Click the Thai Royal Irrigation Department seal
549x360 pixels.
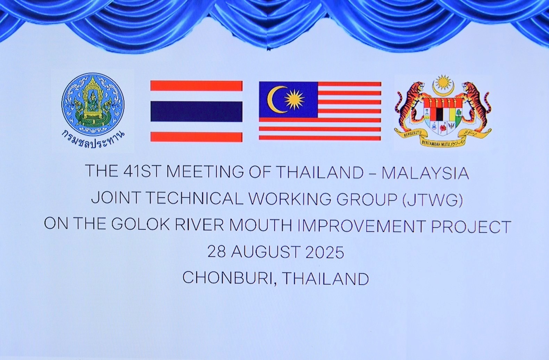tap(93, 104)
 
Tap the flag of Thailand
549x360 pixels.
tap(196, 111)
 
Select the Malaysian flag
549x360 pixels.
tap(320, 111)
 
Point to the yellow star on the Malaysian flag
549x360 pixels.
tap(294, 99)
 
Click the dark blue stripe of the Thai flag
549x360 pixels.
tap(196, 111)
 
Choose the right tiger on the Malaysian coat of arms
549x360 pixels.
tap(476, 104)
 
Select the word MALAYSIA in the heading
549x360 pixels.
tap(425, 173)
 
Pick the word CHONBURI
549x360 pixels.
tap(227, 278)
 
